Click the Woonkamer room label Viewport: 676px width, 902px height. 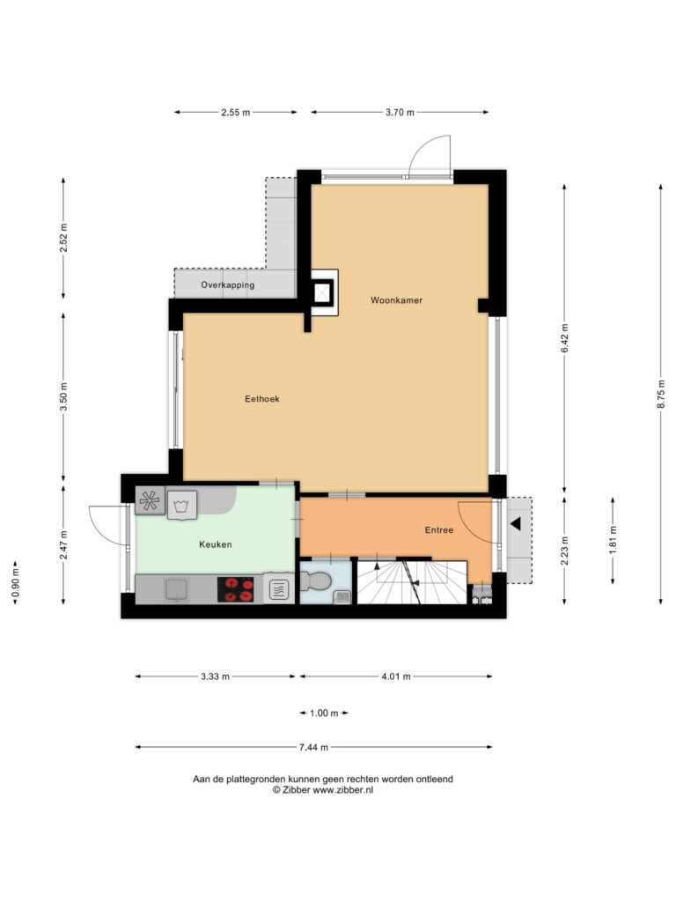tap(396, 300)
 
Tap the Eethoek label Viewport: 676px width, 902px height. tap(262, 399)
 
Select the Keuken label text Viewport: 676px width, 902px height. tap(216, 544)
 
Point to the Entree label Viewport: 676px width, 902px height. tap(439, 529)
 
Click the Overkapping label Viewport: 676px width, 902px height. tap(228, 285)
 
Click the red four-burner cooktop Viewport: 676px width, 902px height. tap(236, 589)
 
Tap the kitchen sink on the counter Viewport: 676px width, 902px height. tap(176, 590)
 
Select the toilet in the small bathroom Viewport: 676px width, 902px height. tap(317, 582)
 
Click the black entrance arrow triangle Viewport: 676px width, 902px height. tap(515, 523)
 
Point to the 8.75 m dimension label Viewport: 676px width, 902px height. tap(661, 394)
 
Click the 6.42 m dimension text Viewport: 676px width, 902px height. tap(564, 338)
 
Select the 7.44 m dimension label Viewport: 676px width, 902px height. tap(314, 747)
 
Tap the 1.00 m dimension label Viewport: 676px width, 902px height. tap(324, 713)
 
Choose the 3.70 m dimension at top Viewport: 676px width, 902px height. tap(400, 112)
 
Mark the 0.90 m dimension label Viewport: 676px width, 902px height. tap(16, 583)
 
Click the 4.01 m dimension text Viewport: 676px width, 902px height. tap(396, 676)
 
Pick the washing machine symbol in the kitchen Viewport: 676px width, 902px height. tap(182, 505)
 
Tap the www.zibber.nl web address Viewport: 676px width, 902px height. tap(342, 790)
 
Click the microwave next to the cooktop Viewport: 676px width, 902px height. tap(279, 589)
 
